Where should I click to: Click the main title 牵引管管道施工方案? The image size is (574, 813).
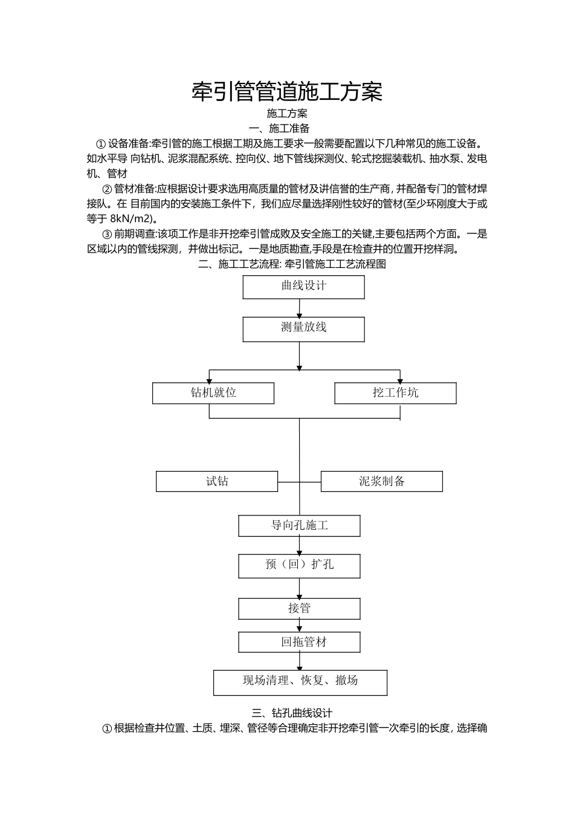[287, 92]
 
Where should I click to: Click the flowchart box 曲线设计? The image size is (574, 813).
[303, 287]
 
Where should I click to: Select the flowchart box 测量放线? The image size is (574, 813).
[303, 329]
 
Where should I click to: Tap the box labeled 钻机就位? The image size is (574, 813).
[213, 393]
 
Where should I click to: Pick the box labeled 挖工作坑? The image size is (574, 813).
[395, 393]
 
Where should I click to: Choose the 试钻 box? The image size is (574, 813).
[217, 482]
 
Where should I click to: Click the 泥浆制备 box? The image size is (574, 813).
[381, 482]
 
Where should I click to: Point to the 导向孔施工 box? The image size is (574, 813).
[299, 526]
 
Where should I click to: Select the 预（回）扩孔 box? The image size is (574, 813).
[299, 566]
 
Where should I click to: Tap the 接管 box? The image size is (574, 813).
[299, 609]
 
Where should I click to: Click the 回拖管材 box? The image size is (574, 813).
[299, 642]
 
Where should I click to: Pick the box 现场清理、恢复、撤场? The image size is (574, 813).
[300, 682]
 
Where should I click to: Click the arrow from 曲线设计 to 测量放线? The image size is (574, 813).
[300, 309]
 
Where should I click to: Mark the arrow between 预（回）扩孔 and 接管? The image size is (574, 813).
[300, 588]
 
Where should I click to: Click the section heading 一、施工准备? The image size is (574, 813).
[280, 128]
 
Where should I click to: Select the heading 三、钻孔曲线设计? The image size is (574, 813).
[292, 713]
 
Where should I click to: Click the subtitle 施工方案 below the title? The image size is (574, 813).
[287, 113]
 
